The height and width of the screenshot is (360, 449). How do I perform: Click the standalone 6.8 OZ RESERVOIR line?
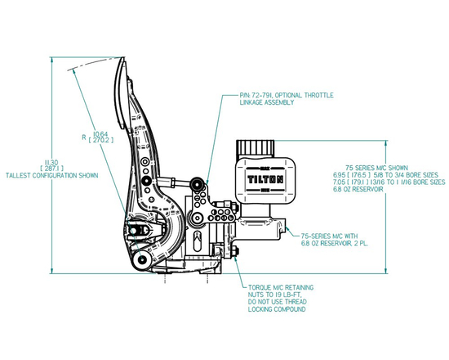pos(358,190)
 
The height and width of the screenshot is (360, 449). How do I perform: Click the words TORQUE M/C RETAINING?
pos(278,288)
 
